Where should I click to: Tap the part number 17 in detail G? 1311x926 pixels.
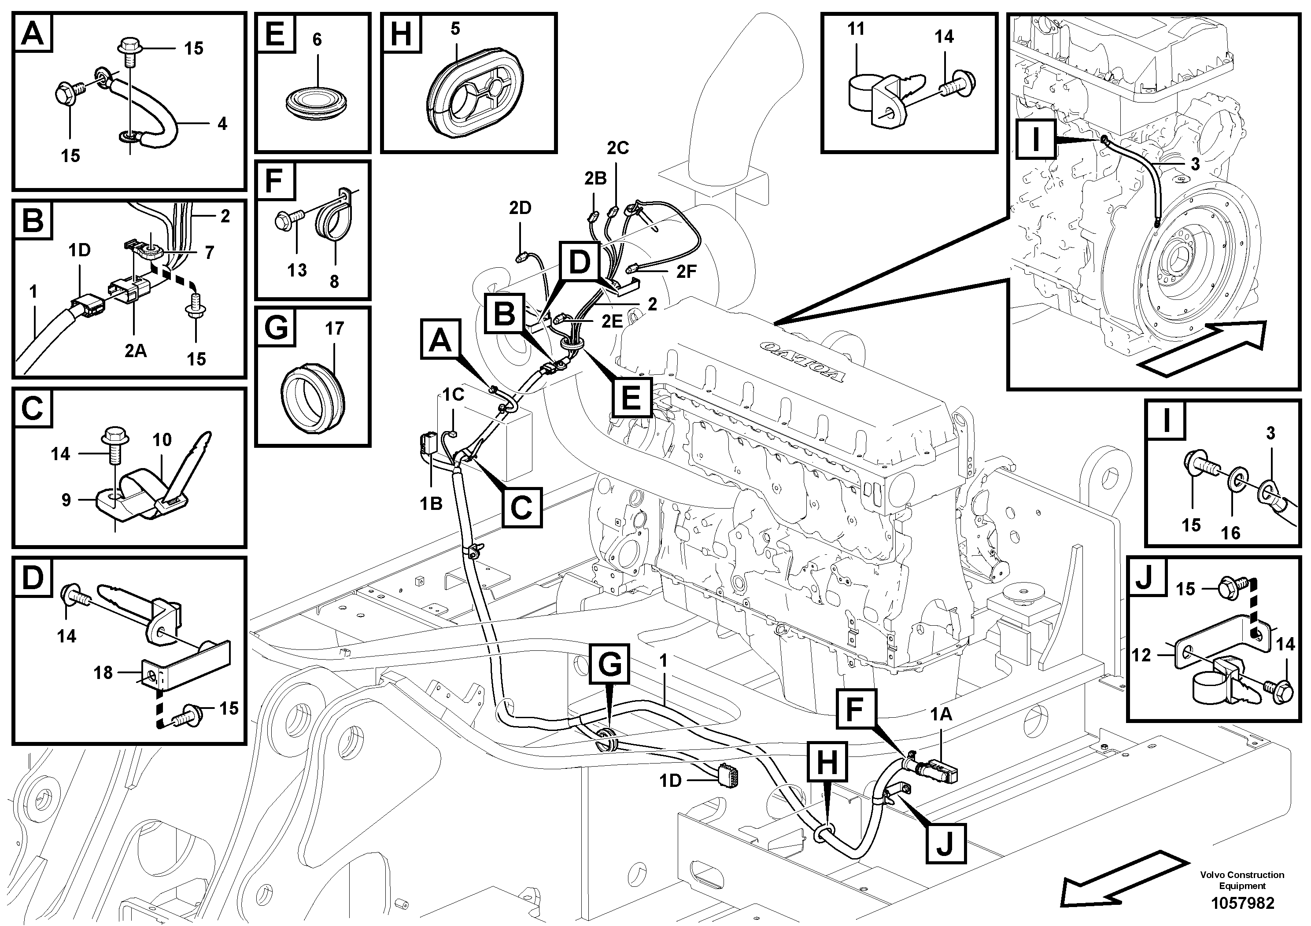point(335,328)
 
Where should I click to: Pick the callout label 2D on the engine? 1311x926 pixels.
point(520,208)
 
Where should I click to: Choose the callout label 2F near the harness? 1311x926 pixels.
point(687,272)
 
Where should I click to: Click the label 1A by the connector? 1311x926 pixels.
point(941,714)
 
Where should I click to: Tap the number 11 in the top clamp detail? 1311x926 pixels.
point(855,29)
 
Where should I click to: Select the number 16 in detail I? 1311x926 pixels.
point(1230,533)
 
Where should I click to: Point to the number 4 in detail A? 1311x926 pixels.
point(222,123)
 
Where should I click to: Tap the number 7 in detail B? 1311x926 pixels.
point(210,252)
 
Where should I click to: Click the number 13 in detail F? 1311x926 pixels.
point(297,270)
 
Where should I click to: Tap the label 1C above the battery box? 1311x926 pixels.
point(454,394)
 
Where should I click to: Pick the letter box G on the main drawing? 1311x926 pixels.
point(610,664)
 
